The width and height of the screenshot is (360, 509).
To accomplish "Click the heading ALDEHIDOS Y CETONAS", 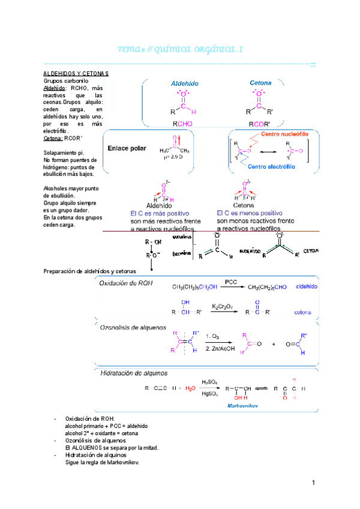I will point(76,73).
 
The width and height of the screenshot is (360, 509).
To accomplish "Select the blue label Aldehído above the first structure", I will point(185,84).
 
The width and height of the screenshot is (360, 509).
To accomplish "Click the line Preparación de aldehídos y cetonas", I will point(90,271).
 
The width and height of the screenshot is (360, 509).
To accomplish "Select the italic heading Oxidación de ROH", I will point(126,285).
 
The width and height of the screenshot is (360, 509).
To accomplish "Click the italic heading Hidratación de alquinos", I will point(134,373).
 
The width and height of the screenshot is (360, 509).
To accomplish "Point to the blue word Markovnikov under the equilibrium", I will point(242,406).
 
